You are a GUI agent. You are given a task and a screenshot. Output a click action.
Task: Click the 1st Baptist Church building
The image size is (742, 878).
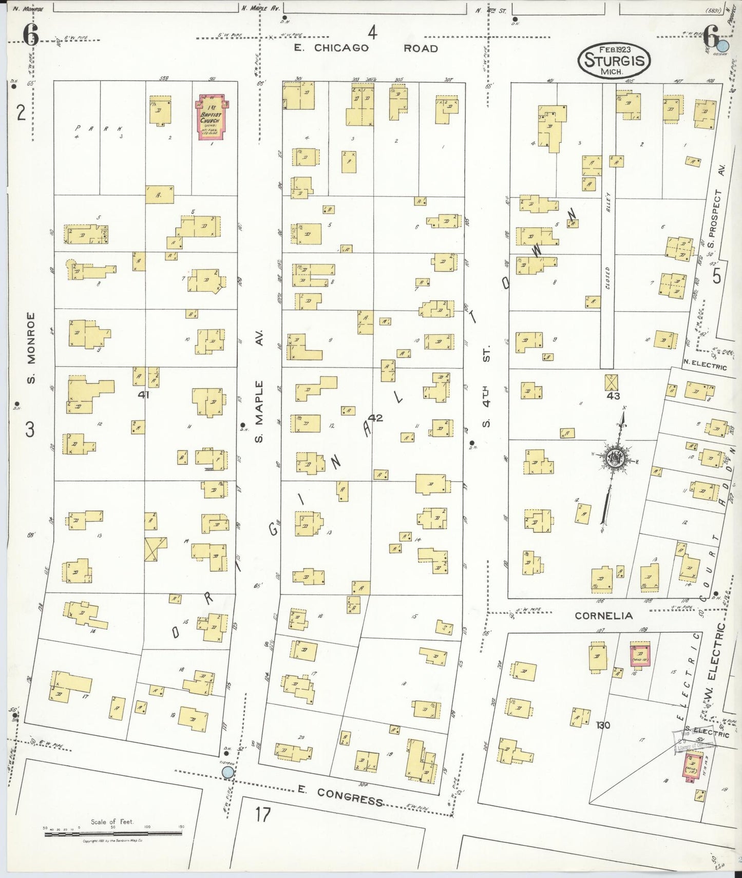[211, 117]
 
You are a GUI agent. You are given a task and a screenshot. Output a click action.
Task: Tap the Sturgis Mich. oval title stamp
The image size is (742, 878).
[614, 60]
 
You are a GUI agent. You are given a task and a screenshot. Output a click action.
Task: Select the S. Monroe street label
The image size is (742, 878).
[31, 348]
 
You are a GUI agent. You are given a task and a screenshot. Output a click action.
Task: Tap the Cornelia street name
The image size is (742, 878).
[603, 616]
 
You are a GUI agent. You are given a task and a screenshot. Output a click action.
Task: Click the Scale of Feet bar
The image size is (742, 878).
[113, 834]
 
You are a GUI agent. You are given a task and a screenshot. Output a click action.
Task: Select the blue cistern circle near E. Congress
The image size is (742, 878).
[227, 772]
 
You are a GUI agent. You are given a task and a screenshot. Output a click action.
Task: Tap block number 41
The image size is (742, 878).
[143, 394]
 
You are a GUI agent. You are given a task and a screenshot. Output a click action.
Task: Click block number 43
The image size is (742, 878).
[613, 395]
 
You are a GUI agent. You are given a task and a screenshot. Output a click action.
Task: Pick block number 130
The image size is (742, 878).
[603, 725]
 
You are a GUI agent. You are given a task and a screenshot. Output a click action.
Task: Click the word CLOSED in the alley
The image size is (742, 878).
[607, 278]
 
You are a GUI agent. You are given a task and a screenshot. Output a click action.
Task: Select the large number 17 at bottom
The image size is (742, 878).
[262, 814]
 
